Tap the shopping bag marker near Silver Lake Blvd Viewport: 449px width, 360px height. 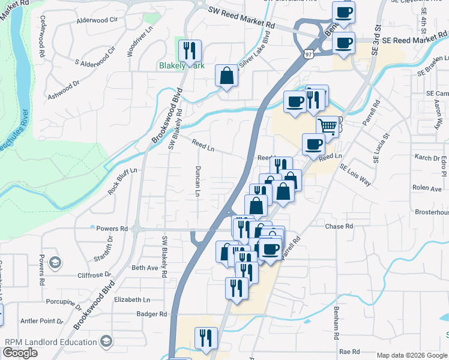click(226, 76)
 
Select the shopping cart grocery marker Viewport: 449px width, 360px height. click(327, 127)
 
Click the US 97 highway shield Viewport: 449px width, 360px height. click(309, 55)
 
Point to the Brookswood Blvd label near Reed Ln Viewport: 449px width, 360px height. click(166, 116)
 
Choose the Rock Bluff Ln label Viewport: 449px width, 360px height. click(122, 181)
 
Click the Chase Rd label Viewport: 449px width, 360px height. click(339, 226)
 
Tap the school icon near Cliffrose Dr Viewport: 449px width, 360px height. click(55, 262)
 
